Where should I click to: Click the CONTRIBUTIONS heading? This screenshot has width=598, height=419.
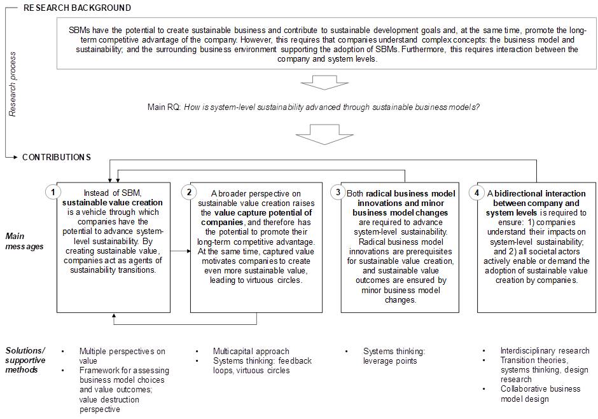pos(57,157)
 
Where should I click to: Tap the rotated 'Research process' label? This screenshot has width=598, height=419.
pos(12,84)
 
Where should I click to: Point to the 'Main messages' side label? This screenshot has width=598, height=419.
pos(24,241)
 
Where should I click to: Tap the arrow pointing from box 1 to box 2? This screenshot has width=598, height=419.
pos(181,251)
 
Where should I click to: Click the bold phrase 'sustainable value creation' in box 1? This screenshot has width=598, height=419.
pos(112,203)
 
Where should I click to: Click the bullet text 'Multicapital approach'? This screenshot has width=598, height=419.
pos(251,351)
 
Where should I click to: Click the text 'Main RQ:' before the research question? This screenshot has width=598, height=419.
pos(164,107)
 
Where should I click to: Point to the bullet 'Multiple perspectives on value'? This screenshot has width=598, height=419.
pos(122,355)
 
